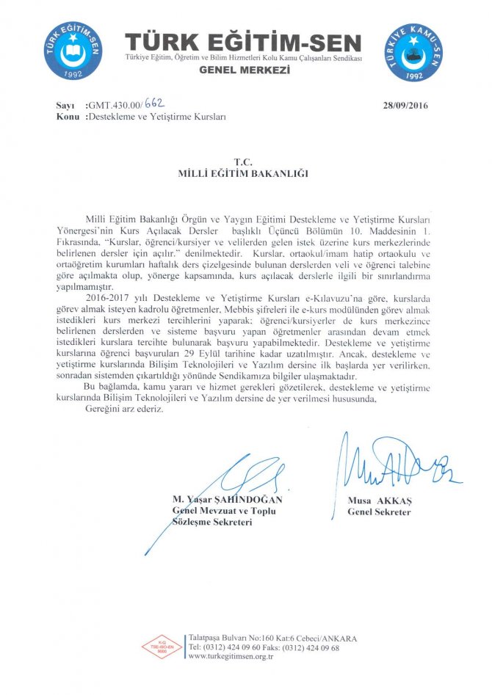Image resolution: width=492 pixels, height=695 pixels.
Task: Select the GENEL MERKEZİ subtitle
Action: (x=245, y=70)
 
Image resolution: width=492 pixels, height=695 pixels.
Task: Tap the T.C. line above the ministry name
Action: (x=242, y=161)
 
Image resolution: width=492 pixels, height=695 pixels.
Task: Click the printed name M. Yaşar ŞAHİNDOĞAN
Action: (x=227, y=500)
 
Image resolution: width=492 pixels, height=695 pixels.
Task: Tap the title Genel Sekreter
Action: (x=379, y=512)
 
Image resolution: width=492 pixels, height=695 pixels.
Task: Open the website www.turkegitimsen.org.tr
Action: (x=231, y=658)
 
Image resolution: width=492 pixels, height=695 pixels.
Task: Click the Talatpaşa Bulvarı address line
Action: (x=262, y=638)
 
